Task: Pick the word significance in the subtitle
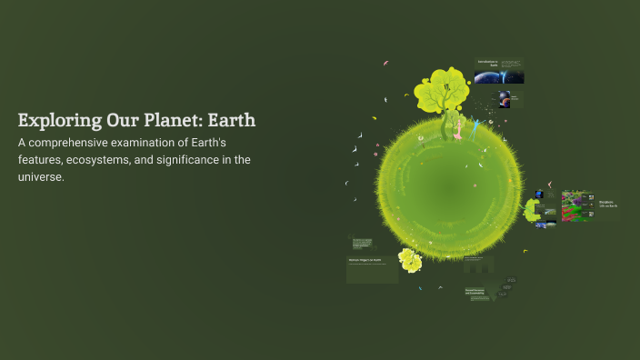[x=198, y=160]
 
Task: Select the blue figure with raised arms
[x=473, y=122]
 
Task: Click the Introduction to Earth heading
[x=488, y=64]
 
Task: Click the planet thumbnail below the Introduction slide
[x=503, y=95]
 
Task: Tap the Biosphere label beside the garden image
[x=606, y=204]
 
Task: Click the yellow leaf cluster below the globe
[x=410, y=261]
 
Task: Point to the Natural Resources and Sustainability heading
[x=478, y=293]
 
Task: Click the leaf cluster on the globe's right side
[x=532, y=210]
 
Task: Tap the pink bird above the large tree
[x=385, y=63]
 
